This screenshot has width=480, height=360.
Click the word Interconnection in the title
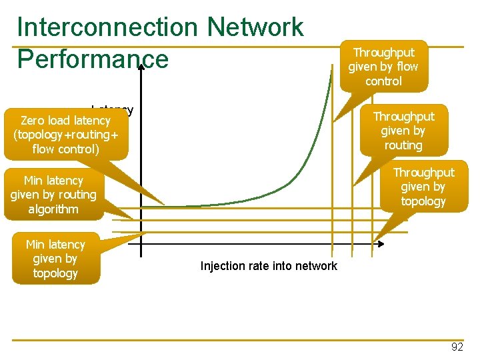click(x=107, y=27)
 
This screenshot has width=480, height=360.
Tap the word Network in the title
click(x=255, y=27)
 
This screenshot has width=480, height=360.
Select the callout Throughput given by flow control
click(x=383, y=67)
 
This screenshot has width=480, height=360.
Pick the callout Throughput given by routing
click(x=403, y=131)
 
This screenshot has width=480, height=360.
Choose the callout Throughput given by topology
click(x=423, y=187)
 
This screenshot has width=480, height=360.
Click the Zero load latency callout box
click(x=65, y=135)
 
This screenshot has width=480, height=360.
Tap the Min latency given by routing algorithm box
click(x=53, y=195)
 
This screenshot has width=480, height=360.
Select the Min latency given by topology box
click(x=55, y=259)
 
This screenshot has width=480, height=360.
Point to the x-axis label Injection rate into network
click(x=269, y=267)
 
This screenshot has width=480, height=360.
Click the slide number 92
click(x=457, y=347)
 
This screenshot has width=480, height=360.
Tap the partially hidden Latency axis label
click(x=120, y=109)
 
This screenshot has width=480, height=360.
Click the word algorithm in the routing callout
click(x=53, y=209)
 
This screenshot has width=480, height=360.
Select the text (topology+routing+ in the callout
click(x=65, y=135)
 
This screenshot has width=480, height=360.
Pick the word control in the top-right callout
click(x=383, y=81)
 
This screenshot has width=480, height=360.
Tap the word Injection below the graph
click(x=223, y=267)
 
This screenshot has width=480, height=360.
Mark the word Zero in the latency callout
click(x=32, y=121)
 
